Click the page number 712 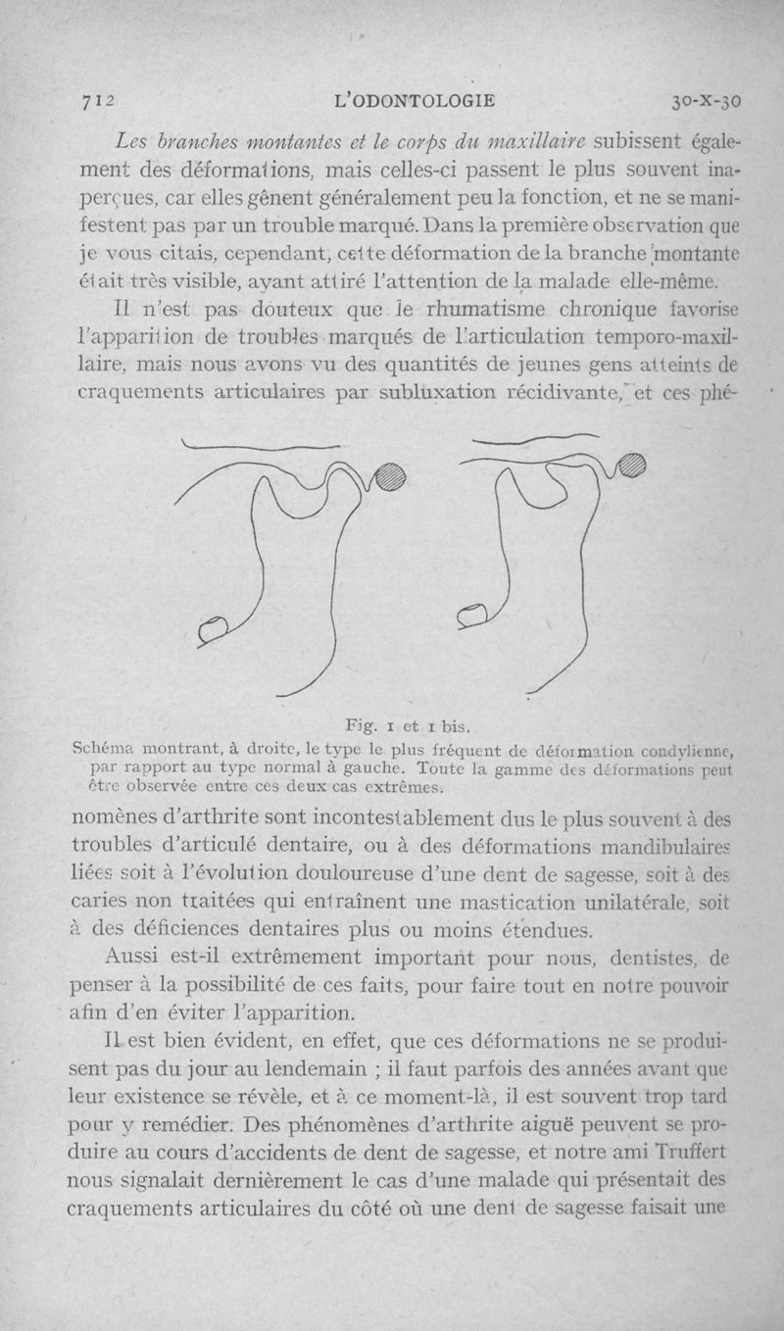tap(97, 99)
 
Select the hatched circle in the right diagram tap(633, 467)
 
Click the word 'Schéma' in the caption tap(101, 748)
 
